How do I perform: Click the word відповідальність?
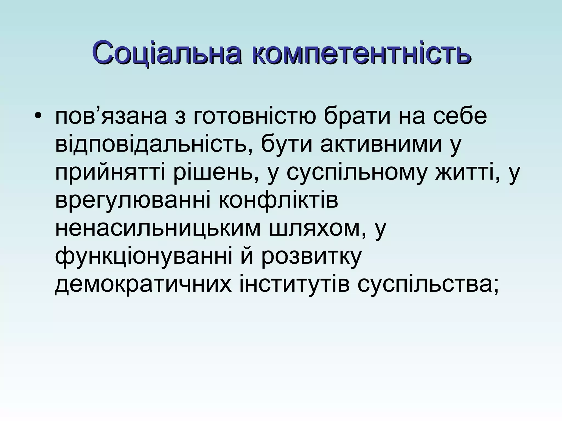[x=150, y=144]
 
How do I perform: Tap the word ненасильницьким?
[x=158, y=229]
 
